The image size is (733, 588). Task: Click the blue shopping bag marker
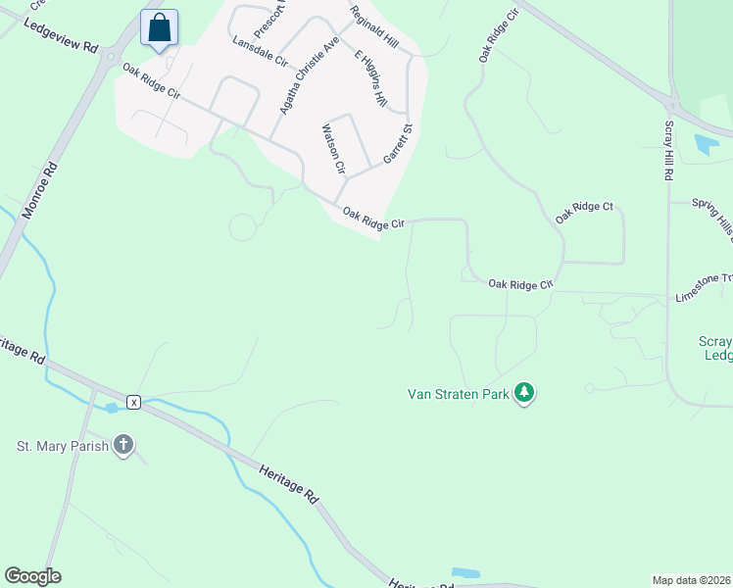click(159, 28)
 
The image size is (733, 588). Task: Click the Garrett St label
click(398, 143)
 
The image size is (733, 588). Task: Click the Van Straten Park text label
click(459, 394)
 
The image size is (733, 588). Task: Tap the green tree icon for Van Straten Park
click(524, 393)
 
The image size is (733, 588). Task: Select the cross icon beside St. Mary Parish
click(122, 446)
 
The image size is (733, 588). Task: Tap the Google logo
click(32, 576)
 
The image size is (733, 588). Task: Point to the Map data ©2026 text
click(691, 580)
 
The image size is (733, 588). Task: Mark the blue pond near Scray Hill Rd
click(706, 145)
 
